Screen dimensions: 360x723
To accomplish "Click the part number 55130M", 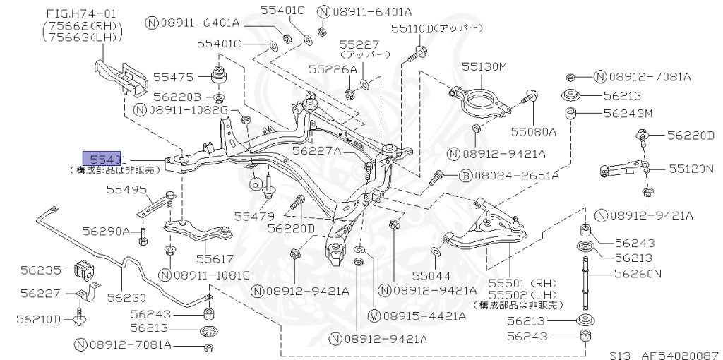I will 485,66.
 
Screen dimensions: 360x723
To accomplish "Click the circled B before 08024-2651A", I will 465,175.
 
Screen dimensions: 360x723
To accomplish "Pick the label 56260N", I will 638,274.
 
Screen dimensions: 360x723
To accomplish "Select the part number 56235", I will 41,269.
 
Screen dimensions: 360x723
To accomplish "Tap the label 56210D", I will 41,319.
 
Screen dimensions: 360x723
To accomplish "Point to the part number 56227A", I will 316,150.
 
